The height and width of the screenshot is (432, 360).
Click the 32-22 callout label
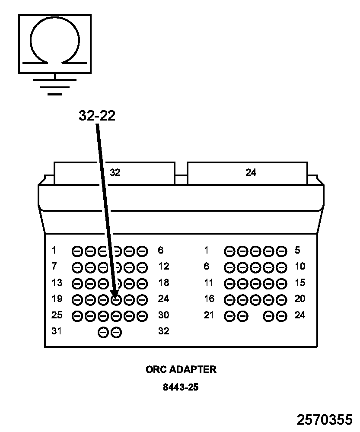(97, 115)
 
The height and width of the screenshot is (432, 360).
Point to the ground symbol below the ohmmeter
(55, 86)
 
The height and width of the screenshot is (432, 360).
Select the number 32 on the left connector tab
(115, 172)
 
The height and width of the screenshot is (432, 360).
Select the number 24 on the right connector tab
(251, 172)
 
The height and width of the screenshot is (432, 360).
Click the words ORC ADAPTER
(181, 370)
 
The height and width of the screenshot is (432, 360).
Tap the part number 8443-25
(181, 387)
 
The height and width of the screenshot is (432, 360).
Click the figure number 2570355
(324, 420)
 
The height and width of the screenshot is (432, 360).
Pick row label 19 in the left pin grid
(57, 299)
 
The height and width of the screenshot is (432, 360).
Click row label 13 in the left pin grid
(57, 283)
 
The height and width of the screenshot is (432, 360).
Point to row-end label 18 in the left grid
(163, 283)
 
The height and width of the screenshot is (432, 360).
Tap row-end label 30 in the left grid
(163, 315)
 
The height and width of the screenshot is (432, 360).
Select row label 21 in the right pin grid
(209, 315)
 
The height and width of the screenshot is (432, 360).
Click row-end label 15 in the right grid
(300, 283)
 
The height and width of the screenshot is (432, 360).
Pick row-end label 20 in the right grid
(300, 299)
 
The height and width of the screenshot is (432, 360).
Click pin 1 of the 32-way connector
(77, 251)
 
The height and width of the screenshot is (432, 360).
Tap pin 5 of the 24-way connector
(282, 251)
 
